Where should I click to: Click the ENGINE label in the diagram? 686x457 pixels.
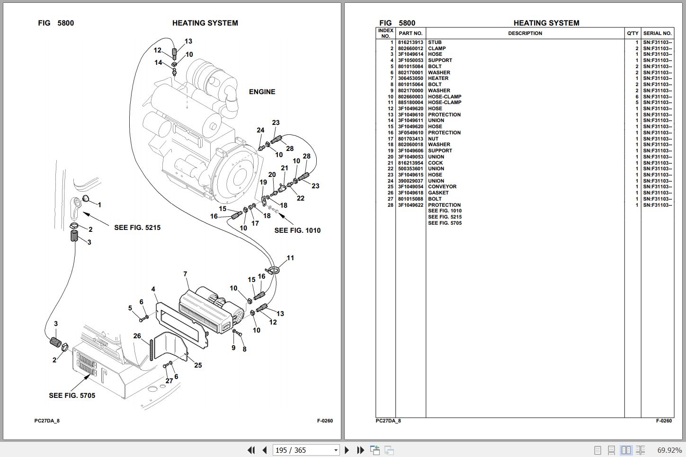click(x=262, y=92)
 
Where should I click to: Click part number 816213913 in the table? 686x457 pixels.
click(x=410, y=42)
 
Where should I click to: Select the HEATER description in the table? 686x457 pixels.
click(x=438, y=79)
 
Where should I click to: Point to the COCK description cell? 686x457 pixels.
click(x=435, y=163)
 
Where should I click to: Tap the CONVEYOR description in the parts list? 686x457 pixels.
click(x=442, y=187)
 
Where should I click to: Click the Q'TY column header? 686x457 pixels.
click(x=633, y=34)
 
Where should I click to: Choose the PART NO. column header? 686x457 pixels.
click(x=410, y=34)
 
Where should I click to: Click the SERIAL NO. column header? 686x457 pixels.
click(x=657, y=34)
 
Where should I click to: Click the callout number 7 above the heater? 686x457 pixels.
click(x=185, y=274)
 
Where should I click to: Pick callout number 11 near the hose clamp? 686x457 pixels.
click(x=290, y=258)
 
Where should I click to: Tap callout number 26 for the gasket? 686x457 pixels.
click(x=137, y=336)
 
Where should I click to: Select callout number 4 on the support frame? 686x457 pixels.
click(x=153, y=289)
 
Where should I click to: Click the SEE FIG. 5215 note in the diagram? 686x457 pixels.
click(x=137, y=228)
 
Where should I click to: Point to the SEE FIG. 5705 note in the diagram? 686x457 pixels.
click(x=72, y=395)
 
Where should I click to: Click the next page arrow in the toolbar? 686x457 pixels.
click(x=347, y=450)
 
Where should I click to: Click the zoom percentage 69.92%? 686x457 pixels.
click(x=669, y=450)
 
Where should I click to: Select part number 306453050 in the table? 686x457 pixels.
click(x=410, y=79)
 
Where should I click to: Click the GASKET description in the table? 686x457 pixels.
click(x=438, y=193)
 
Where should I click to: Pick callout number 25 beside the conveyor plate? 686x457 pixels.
click(x=198, y=365)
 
